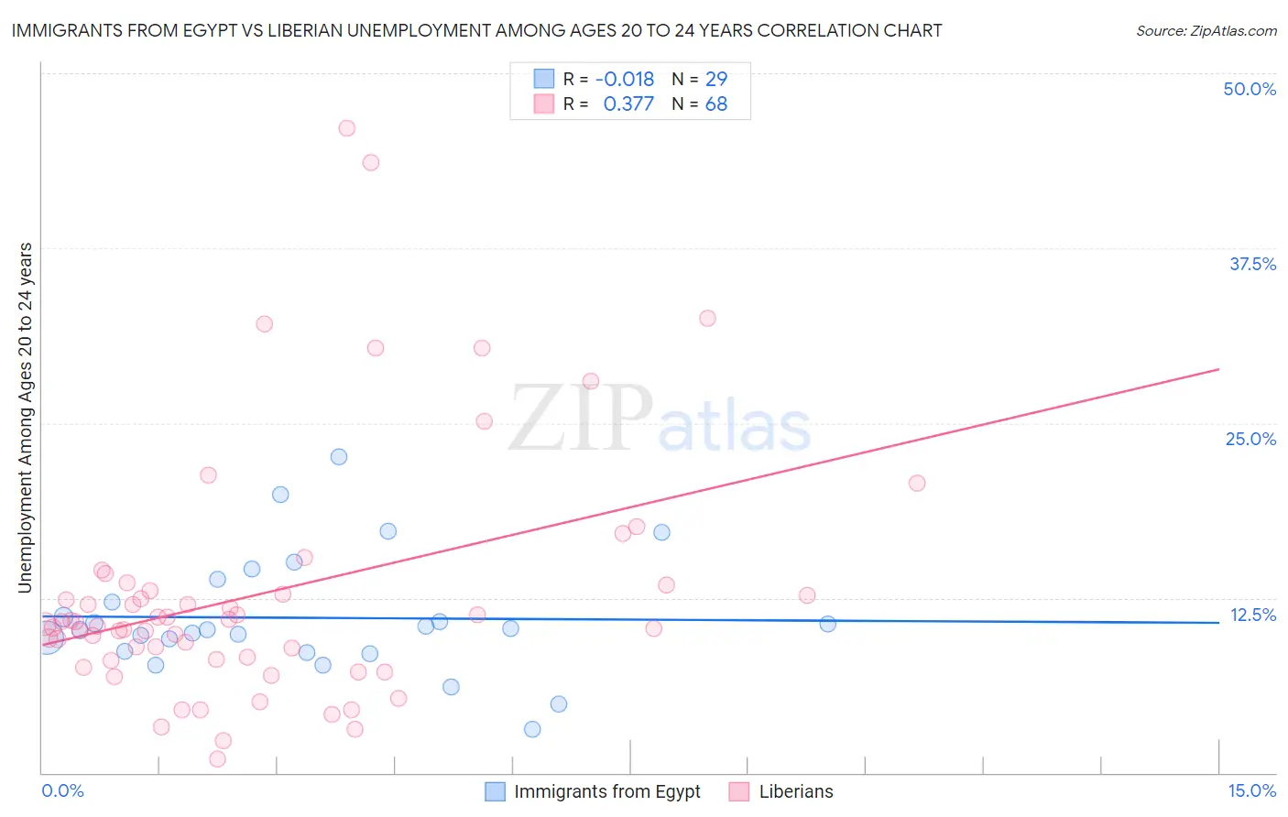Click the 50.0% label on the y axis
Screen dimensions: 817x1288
pos(1250,89)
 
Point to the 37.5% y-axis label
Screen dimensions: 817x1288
pos(1252,264)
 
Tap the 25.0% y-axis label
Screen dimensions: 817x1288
pos(1250,439)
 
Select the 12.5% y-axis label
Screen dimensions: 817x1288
pos(1252,615)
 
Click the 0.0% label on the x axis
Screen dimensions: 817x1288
pos(62,790)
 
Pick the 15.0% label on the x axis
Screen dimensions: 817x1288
pos(1251,790)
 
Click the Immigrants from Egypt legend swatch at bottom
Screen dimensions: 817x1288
pos(495,791)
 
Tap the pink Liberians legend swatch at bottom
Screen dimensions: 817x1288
pos(739,791)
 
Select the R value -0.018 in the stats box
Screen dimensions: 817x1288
pos(625,79)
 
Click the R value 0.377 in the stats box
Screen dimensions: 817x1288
pos(628,104)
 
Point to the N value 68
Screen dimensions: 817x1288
pos(716,104)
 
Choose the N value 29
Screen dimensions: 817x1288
pos(716,79)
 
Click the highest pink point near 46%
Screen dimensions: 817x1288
pos(346,128)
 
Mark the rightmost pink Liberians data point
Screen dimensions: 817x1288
pos(916,483)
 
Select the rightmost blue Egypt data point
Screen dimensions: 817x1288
pos(827,624)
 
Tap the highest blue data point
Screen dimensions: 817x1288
pos(339,456)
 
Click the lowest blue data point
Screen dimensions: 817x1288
pos(532,729)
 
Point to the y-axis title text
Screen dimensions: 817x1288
pos(26,418)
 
